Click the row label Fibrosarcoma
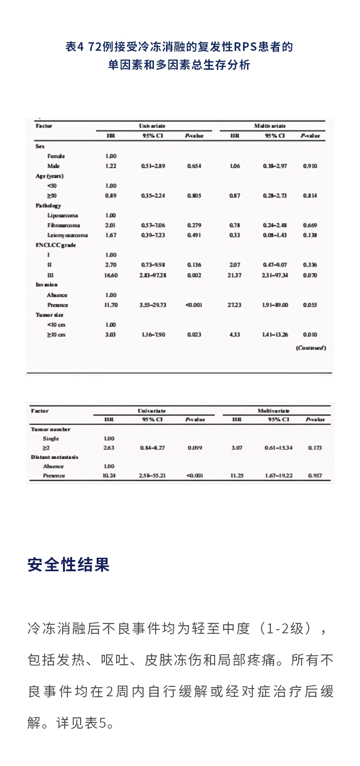point(63,225)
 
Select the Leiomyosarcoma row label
point(67,235)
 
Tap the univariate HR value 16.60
point(111,275)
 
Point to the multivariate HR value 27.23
point(234,305)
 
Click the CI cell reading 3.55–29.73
point(153,305)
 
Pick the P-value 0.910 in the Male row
point(310,166)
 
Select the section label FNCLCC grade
point(56,245)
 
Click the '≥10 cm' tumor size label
point(56,335)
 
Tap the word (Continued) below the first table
point(310,348)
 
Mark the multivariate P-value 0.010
point(310,335)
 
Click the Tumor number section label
point(50,429)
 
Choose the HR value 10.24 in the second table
point(109,475)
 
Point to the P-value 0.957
point(315,475)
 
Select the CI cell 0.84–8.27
point(153,448)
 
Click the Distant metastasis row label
point(54,457)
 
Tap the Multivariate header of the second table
point(273,411)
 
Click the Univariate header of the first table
point(152,126)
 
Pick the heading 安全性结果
point(68,564)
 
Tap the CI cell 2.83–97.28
point(153,275)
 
